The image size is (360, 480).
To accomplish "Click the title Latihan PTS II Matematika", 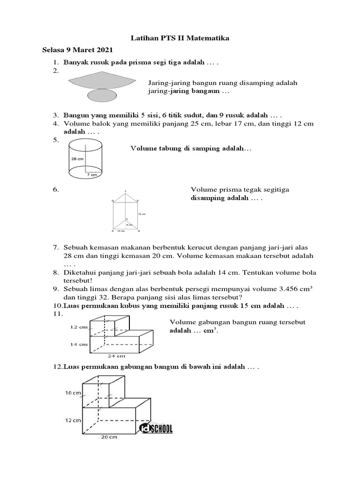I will point(180,38).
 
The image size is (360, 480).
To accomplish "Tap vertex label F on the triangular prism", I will point(126,191).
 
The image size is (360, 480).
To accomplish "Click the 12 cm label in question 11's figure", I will point(78,327).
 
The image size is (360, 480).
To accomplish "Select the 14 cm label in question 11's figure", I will point(78,344).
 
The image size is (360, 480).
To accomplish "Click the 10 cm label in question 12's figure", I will point(73,392).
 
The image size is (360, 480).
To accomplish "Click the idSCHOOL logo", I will point(156,428).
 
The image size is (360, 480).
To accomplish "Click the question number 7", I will point(54,247).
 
